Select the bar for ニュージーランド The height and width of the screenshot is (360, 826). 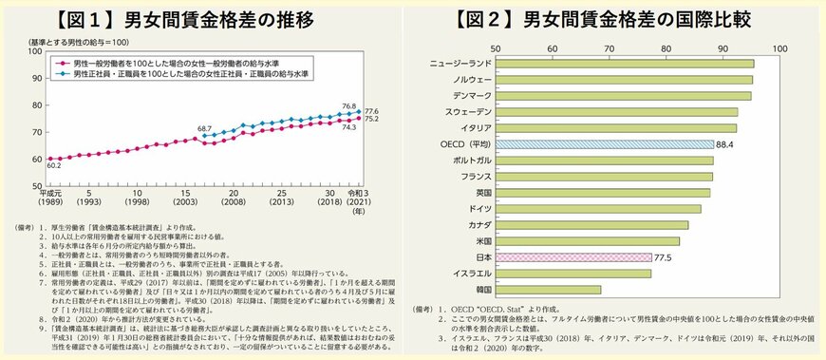click(x=624, y=64)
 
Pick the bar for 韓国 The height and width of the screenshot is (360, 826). click(x=547, y=289)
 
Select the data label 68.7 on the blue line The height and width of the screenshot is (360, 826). click(x=203, y=126)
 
